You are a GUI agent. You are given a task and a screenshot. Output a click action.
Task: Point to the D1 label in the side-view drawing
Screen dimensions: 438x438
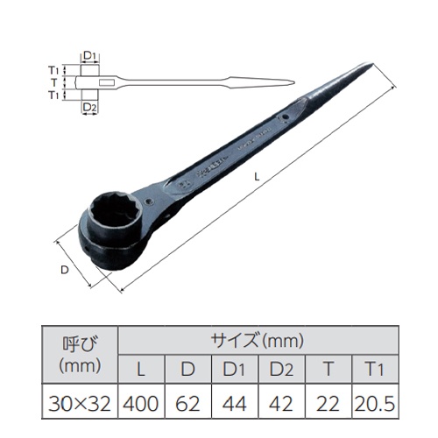[88, 55]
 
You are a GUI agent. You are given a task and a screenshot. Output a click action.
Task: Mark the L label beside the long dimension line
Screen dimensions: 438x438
[256, 178]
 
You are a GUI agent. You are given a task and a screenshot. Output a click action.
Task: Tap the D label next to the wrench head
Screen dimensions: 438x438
[65, 271]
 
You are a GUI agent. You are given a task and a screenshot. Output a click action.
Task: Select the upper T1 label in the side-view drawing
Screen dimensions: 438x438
[54, 69]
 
